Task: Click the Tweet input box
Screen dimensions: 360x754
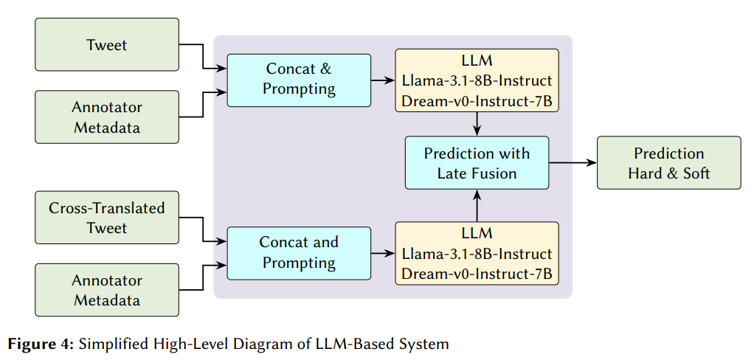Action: [x=107, y=45]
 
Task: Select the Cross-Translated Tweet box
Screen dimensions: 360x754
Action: [x=107, y=218]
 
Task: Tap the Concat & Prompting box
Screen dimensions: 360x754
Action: [x=299, y=80]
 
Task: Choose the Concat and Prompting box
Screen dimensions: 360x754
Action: [x=299, y=253]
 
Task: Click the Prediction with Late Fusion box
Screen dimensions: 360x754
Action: [x=477, y=163]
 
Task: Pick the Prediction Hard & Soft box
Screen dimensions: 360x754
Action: [x=668, y=163]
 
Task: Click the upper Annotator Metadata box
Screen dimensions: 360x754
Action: [x=107, y=117]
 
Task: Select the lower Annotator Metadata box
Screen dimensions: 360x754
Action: [x=107, y=290]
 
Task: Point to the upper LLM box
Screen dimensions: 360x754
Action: [x=477, y=80]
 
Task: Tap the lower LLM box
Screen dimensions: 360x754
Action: [x=477, y=253]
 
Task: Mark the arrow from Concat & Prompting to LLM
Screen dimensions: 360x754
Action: [x=383, y=80]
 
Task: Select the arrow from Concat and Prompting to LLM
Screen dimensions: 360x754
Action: [x=383, y=253]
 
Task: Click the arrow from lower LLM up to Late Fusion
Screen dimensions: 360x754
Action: [x=477, y=205]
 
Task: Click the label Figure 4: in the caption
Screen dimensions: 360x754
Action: [x=41, y=344]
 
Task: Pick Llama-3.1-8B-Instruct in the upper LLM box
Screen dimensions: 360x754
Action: [x=477, y=80]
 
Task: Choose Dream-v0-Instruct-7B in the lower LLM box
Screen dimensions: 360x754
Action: [x=477, y=274]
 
